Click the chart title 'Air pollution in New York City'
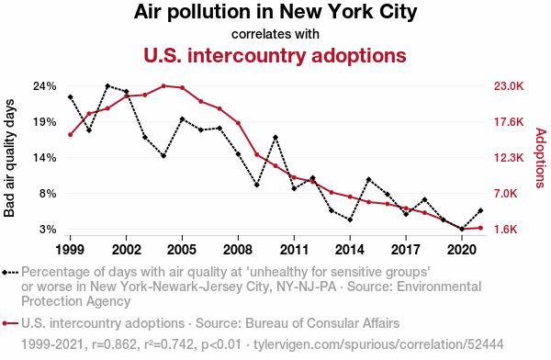[275, 12]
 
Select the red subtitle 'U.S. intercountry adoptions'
[275, 55]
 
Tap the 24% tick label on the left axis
[45, 86]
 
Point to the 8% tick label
[48, 194]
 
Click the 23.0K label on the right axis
[509, 86]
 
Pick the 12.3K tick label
[509, 158]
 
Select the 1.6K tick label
[506, 230]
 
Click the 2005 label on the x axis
[182, 250]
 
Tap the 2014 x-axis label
[350, 250]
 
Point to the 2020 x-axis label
[462, 250]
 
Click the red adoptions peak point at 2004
[163, 85]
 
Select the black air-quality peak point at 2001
[107, 85]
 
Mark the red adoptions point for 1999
[71, 135]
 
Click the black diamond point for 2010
[275, 138]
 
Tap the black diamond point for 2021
[480, 210]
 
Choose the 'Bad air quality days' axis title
[9, 158]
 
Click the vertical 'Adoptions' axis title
[541, 158]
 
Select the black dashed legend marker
[10, 273]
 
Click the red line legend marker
[10, 323]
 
